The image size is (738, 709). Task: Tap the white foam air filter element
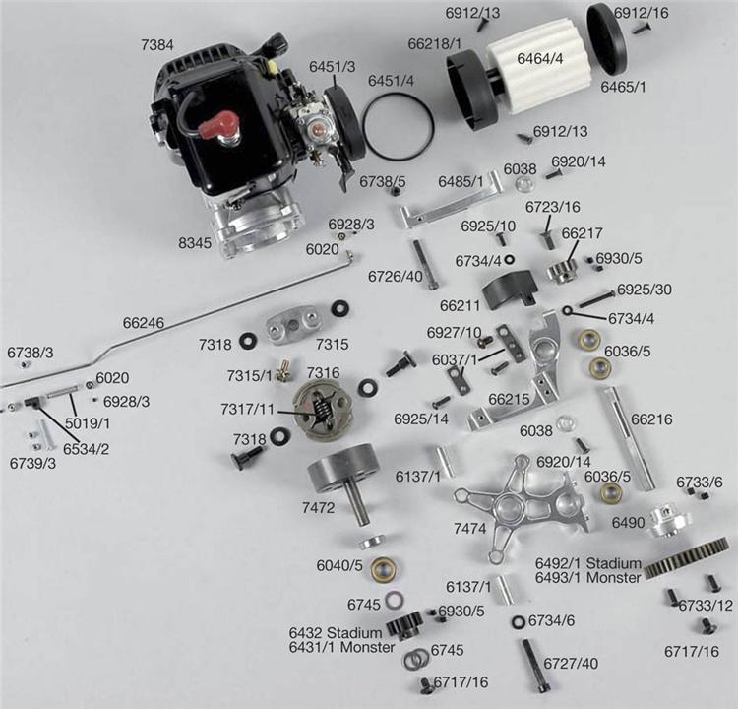click(x=536, y=65)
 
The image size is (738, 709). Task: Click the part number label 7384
click(x=157, y=45)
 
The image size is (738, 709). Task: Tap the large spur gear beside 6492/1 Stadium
click(x=686, y=557)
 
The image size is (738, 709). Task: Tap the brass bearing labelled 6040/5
click(x=385, y=570)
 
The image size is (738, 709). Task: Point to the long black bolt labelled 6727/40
click(x=534, y=666)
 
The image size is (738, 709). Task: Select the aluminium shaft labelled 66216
click(x=626, y=437)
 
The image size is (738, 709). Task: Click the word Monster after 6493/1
click(x=614, y=577)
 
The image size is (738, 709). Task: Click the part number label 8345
click(x=195, y=243)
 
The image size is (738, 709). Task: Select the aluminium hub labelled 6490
click(x=669, y=521)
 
